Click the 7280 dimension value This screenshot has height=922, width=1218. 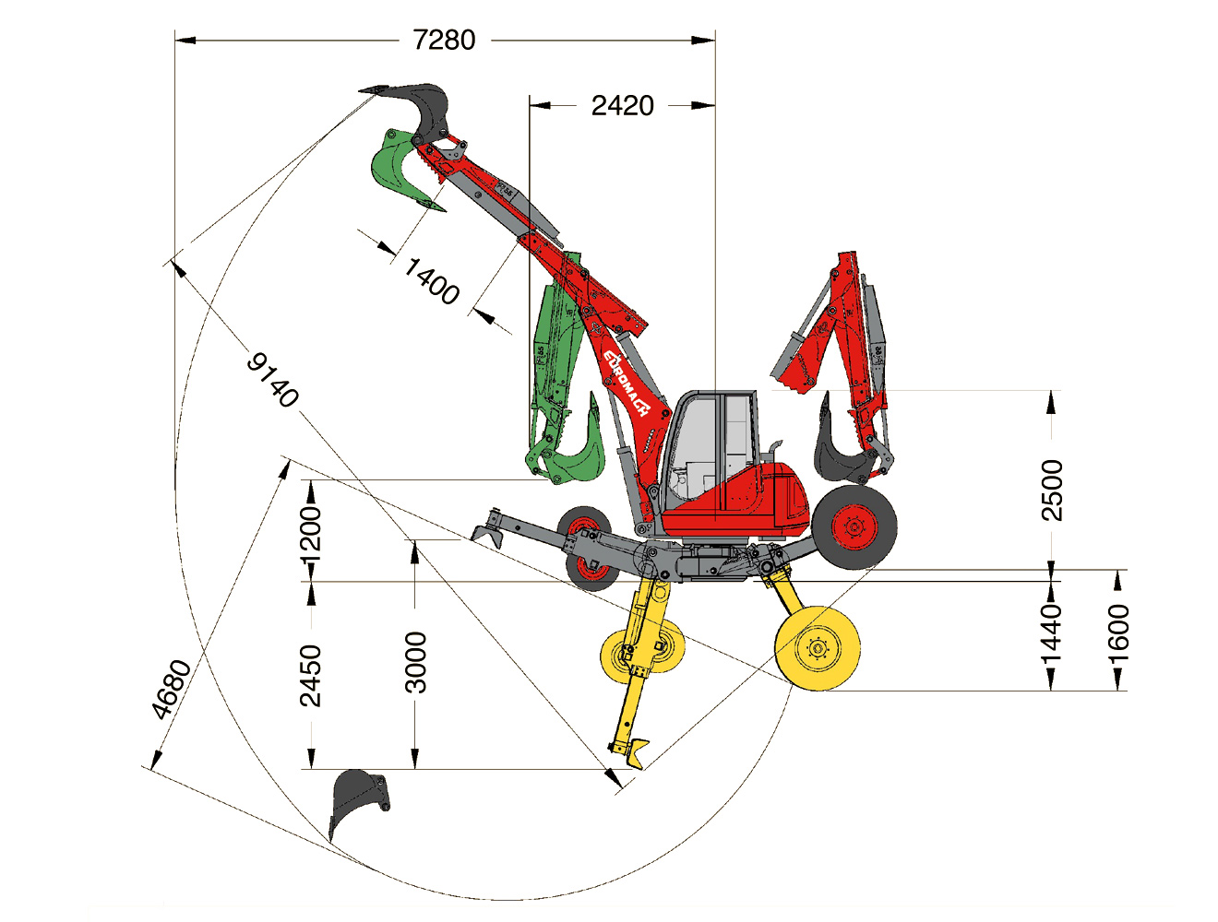444,40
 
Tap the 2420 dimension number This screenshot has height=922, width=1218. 622,105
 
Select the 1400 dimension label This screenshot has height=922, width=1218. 432,281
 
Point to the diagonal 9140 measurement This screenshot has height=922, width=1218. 272,380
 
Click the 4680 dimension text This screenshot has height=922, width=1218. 171,690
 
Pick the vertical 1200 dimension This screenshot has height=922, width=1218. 310,535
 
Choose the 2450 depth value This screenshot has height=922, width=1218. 310,675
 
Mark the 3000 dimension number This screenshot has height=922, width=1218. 415,663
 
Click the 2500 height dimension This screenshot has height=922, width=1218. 1052,491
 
